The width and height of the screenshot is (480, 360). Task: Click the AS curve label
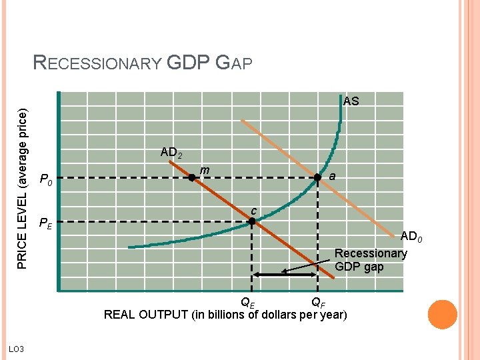(x=351, y=101)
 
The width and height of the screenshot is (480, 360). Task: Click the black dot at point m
(x=191, y=178)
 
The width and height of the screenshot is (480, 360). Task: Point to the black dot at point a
(x=317, y=177)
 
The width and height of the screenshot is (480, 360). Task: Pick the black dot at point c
(x=252, y=221)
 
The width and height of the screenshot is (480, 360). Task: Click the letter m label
(x=205, y=171)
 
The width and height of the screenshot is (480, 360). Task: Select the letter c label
(x=254, y=211)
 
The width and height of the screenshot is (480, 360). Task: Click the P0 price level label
(x=46, y=179)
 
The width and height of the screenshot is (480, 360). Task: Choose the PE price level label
(x=46, y=223)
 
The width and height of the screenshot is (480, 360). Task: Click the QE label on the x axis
(x=247, y=302)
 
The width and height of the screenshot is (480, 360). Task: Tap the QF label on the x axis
(x=319, y=302)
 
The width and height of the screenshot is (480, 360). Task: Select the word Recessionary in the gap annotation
(x=370, y=253)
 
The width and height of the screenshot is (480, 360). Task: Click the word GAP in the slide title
(x=234, y=63)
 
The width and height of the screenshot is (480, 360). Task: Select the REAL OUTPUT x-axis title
(x=225, y=314)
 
